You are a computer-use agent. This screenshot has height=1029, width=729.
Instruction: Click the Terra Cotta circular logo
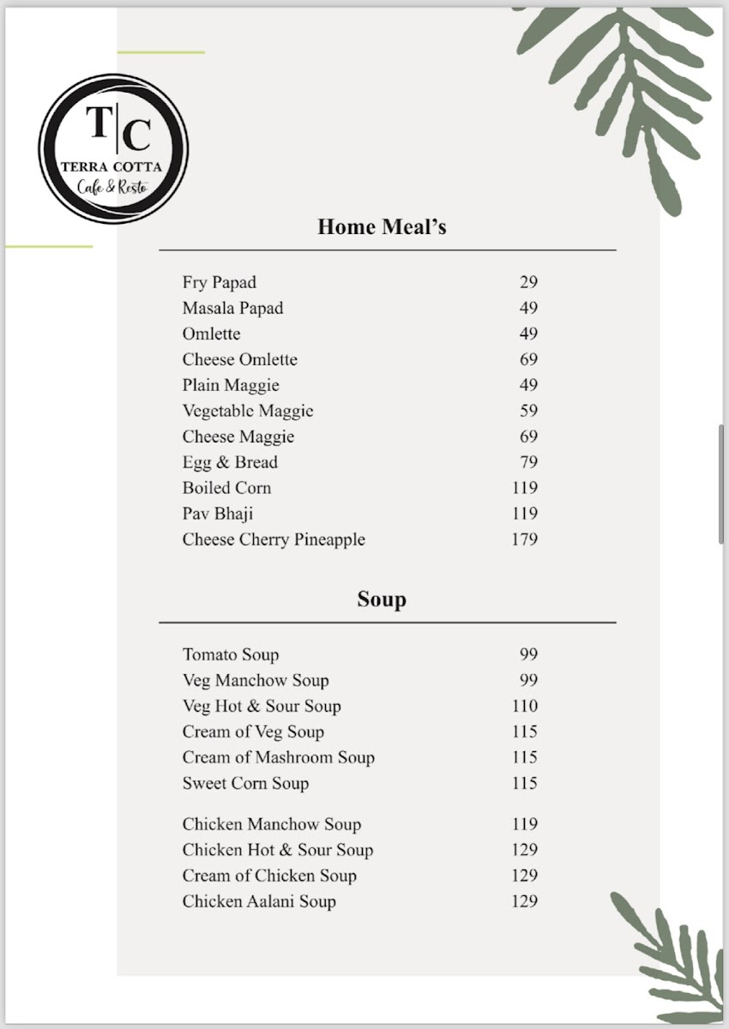[113, 149]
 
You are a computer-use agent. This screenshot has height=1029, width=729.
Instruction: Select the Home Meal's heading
[382, 227]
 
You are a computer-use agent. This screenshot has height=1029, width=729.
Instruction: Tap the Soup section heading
[382, 599]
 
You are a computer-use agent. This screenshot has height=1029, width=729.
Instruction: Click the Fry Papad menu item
[219, 282]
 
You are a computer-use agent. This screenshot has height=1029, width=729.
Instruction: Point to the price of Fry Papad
[528, 282]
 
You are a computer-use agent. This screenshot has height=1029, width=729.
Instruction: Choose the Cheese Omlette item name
[239, 359]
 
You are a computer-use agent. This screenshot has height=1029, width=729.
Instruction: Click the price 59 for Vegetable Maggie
[528, 411]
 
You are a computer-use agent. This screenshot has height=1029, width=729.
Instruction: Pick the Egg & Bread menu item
[230, 462]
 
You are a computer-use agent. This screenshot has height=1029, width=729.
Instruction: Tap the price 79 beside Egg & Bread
[528, 462]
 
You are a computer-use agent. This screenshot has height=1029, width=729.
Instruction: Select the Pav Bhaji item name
[217, 514]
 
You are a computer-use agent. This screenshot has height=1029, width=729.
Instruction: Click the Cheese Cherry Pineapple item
[274, 539]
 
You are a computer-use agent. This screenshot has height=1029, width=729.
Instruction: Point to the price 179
[524, 539]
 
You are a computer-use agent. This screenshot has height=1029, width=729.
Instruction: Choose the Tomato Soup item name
[230, 654]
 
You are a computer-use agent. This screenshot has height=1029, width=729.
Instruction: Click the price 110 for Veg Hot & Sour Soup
[524, 706]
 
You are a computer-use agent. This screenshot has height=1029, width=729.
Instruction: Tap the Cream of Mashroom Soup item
[278, 757]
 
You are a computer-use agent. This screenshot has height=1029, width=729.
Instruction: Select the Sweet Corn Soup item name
[245, 783]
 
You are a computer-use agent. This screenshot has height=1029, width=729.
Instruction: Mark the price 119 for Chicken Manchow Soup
[524, 824]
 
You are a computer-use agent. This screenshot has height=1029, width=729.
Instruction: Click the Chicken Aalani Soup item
[259, 901]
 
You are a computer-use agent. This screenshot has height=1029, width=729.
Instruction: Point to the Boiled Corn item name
[226, 488]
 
